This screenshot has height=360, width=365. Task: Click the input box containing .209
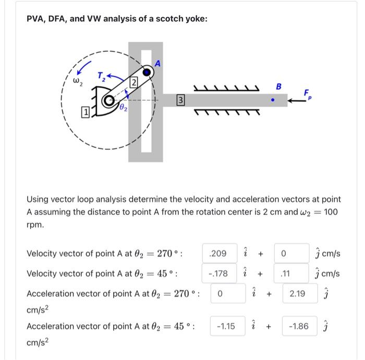(x=217, y=254)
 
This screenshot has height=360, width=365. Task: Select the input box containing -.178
(x=217, y=273)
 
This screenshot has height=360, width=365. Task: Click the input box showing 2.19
(x=297, y=294)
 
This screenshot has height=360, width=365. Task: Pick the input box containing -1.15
(x=225, y=326)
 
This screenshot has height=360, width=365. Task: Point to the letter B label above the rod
(x=278, y=86)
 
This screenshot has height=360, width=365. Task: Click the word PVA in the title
(x=36, y=19)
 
